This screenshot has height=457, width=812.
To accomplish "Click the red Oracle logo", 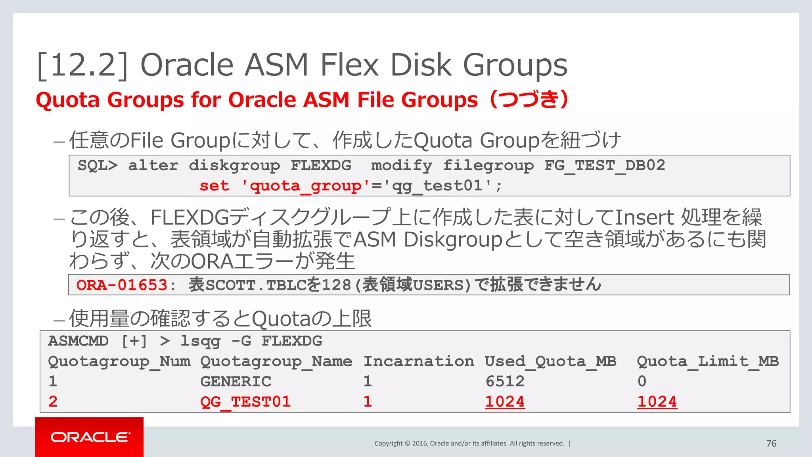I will pos(90,437).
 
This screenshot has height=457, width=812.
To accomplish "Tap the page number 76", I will pos(771,444).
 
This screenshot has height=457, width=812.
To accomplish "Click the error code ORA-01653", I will pos(122,285).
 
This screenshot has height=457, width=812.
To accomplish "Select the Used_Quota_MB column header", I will pos(550,361).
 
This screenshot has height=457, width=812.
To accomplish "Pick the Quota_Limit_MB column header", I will pos(708,361).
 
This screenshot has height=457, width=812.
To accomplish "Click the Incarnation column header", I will pos(419,361).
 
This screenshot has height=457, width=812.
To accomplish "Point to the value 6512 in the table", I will pos(505,382).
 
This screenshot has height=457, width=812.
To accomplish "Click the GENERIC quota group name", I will pos(236,382).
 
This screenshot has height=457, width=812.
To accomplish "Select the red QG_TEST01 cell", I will pos(245,402).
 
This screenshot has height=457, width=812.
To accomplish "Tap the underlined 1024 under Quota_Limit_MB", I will pos(657,402).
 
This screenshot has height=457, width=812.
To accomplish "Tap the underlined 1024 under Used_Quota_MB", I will pos(505,402).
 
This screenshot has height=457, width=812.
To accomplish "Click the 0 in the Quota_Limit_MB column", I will pos(642,382).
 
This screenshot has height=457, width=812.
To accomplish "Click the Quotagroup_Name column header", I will pos(276,361).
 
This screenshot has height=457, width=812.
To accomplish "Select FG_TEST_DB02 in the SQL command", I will pos(605,165).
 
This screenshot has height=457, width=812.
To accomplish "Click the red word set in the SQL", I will pos(214,186).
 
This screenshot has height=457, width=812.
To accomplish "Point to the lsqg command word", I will pos(200,341).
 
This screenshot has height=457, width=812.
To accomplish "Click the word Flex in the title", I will pos(349,65).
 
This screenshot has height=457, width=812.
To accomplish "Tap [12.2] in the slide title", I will pos(82,65).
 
